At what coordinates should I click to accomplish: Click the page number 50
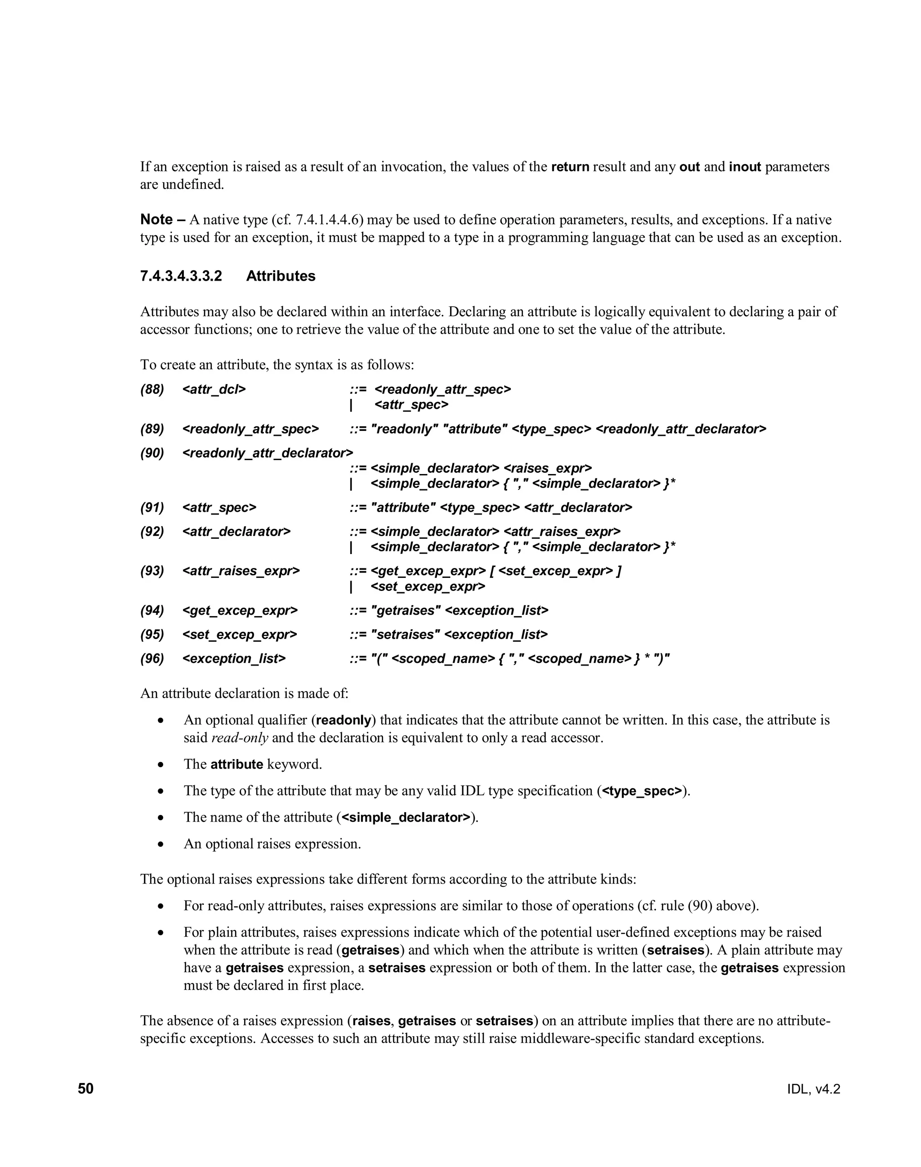point(86,1088)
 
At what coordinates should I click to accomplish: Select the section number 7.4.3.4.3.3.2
point(181,276)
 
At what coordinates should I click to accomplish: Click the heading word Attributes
point(281,276)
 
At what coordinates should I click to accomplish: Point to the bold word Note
point(156,219)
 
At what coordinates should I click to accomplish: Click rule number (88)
point(152,389)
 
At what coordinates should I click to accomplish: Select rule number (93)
point(152,571)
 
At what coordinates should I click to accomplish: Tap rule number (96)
point(152,658)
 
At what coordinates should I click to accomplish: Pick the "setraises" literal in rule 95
point(406,634)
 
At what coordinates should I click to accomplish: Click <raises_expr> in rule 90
point(547,468)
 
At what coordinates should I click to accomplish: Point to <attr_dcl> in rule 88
point(214,389)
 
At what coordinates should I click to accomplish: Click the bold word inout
point(745,167)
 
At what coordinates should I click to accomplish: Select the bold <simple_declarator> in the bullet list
point(406,817)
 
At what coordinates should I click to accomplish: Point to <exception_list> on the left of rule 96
point(234,658)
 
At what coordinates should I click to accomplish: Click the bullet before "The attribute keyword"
point(161,765)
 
